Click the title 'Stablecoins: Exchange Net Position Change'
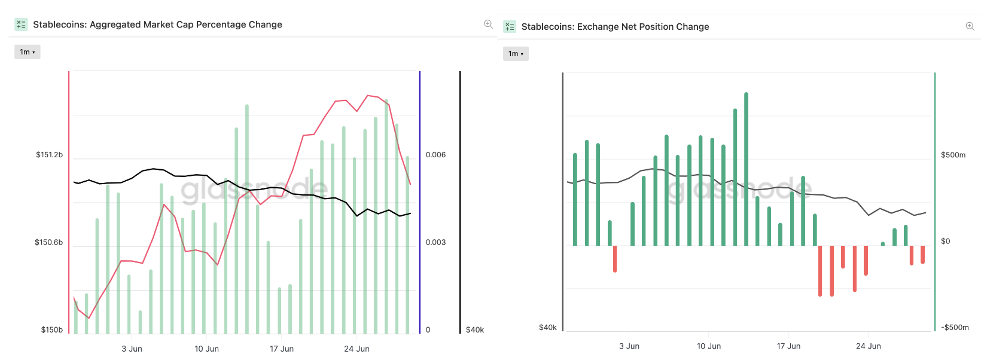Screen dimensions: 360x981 pos(615,27)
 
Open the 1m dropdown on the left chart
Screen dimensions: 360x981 pos(28,52)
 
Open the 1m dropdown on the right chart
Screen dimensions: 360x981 pos(516,54)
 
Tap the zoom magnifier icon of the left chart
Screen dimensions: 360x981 pos(488,25)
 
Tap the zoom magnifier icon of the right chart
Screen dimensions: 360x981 pos(970,26)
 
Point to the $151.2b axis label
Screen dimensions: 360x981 pos(49,155)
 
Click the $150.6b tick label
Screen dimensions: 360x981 pos(48,242)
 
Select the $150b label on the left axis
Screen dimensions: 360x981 pos(51,330)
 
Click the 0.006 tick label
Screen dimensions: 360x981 pos(435,155)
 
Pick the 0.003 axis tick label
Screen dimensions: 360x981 pos(435,242)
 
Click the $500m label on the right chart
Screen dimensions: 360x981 pos(953,155)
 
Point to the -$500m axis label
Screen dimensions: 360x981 pos(955,327)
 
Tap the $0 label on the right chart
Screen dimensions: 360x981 pos(945,241)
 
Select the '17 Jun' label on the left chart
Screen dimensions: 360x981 pos(282,349)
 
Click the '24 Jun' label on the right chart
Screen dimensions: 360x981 pos(868,346)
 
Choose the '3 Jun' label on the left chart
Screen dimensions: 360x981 pos(132,349)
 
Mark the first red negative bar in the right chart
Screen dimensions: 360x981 pos(615,258)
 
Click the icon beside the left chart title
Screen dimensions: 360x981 pos(21,25)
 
